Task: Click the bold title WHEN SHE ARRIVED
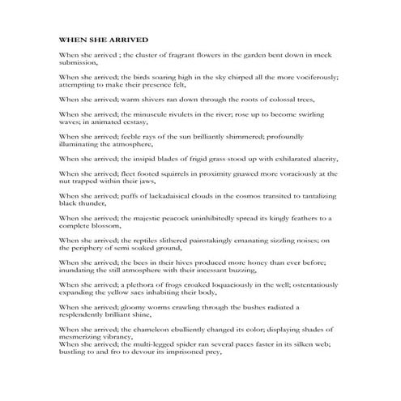(x=103, y=38)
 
